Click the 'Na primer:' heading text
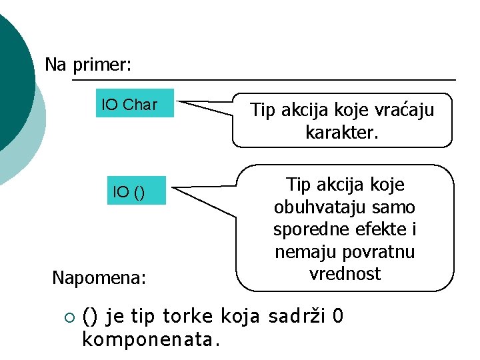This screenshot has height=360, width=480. click(x=88, y=65)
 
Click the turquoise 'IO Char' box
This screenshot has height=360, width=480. click(x=134, y=103)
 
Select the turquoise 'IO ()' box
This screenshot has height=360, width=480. click(x=137, y=192)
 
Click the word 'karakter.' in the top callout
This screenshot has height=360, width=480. click(x=341, y=132)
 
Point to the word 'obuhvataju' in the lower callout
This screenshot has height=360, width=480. click(x=311, y=207)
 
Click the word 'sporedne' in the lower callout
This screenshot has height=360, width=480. click(x=305, y=229)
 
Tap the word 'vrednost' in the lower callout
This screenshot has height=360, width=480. click(x=345, y=274)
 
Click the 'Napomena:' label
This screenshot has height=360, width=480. click(x=99, y=277)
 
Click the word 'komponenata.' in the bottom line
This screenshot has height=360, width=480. click(x=150, y=339)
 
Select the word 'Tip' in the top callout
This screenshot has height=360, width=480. click(x=263, y=110)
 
